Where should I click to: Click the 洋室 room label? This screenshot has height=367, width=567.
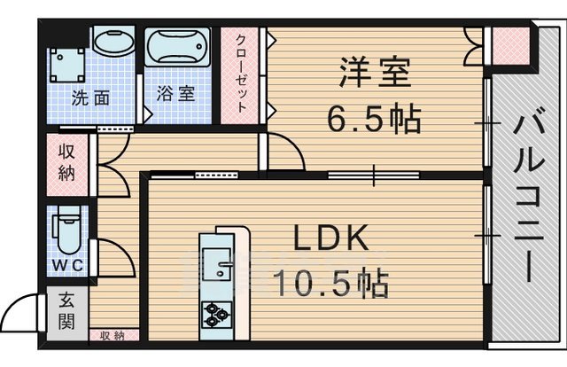(x=375, y=74)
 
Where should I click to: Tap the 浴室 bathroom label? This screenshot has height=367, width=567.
(x=175, y=94)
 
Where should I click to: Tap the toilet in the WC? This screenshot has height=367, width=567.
(x=65, y=231)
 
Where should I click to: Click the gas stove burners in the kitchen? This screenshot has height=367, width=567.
(x=217, y=313)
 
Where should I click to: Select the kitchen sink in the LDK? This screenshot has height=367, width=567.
(x=215, y=264)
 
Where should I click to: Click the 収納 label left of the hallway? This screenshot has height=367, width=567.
(x=67, y=161)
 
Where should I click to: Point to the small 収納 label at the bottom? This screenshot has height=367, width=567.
(x=112, y=336)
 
